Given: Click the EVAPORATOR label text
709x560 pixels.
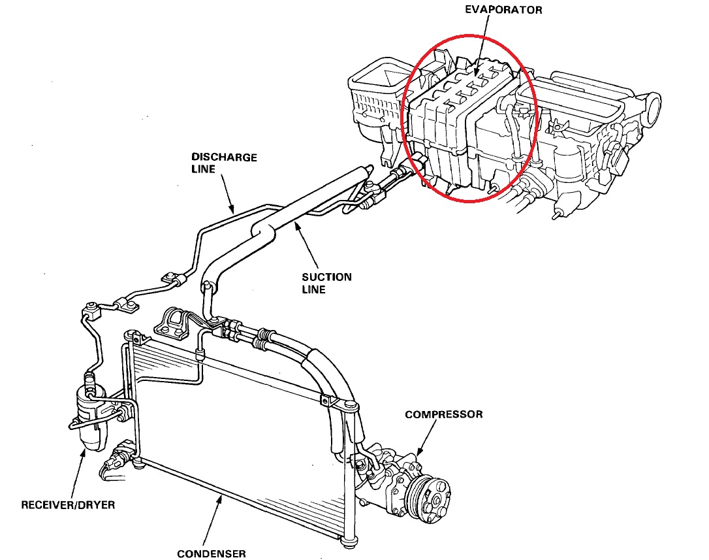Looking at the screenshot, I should tap(503, 10).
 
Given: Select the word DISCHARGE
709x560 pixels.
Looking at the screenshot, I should tap(224, 157).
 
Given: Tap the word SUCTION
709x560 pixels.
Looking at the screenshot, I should tap(326, 277).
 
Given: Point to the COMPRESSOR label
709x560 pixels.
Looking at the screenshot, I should tap(444, 414).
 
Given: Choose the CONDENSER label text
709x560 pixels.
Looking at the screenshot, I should tap(212, 553).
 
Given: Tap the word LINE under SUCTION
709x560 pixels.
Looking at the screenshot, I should tap(313, 289).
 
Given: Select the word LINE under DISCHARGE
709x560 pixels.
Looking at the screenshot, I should tap(204, 169).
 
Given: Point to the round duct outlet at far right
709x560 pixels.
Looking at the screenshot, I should tap(652, 105).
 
